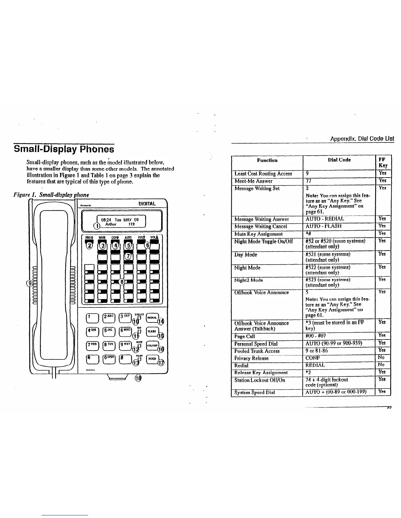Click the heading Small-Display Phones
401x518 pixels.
click(64, 149)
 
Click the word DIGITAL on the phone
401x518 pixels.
click(147, 204)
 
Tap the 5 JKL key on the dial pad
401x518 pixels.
click(108, 331)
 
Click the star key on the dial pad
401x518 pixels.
click(90, 359)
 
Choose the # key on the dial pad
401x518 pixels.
click(125, 359)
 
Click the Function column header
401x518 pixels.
click(267, 160)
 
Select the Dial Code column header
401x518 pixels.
click(339, 160)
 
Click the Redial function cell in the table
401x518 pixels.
click(241, 365)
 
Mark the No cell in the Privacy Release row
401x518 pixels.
click(381, 357)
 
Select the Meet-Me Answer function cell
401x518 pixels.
click(254, 181)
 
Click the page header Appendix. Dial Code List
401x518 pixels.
click(362, 139)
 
